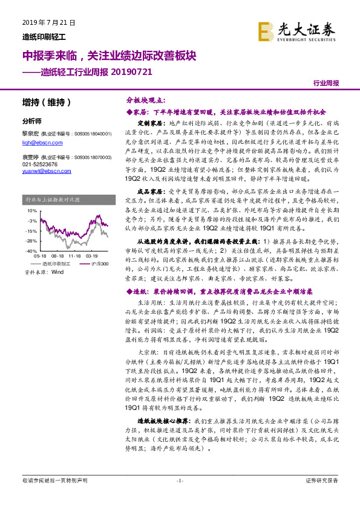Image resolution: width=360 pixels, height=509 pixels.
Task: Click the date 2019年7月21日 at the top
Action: pyautogui.click(x=43, y=22)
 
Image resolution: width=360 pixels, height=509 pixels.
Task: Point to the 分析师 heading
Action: pyautogui.click(x=31, y=121)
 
